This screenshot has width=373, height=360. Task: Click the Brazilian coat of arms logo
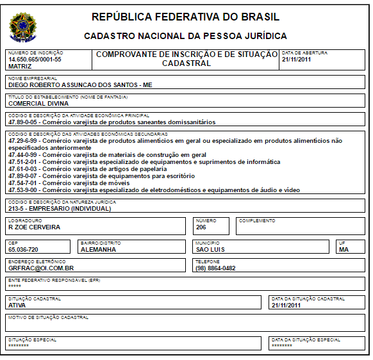[x=23, y=26]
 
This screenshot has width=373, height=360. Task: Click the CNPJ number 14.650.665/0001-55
[x=35, y=59]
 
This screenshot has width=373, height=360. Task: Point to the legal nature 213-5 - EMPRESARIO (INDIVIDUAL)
[x=60, y=208]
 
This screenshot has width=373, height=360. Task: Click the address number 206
[x=201, y=227]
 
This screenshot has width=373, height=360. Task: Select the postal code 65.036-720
[x=23, y=250]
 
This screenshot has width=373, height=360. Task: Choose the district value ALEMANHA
[x=98, y=250]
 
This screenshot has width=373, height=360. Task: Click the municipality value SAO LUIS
[x=210, y=250]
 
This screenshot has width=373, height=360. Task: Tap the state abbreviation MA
[x=344, y=250]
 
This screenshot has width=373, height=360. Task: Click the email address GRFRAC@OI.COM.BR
[x=41, y=268]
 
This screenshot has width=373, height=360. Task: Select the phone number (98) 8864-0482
[x=215, y=268]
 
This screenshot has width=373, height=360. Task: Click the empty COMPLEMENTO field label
[x=257, y=220]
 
